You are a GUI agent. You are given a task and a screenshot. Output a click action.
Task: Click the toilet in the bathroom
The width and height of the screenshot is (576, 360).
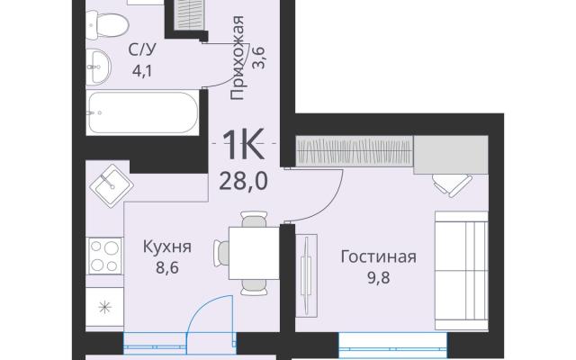[107, 24]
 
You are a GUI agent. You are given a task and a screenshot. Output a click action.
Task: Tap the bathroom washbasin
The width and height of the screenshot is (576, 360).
[98, 67]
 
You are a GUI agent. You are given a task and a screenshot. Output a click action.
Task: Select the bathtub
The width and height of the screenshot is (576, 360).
[143, 112]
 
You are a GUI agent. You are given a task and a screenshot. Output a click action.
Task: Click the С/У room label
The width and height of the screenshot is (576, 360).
[142, 49]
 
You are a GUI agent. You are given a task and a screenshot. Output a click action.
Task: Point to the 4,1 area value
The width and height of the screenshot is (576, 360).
[142, 70]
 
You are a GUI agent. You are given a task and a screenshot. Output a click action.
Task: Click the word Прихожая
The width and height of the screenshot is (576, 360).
[238, 58]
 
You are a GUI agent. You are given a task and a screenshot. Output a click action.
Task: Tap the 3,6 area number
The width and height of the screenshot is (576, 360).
[259, 58]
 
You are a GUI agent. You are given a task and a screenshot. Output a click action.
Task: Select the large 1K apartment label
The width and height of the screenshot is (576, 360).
[244, 144]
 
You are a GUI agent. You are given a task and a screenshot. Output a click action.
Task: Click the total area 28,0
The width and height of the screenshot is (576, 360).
[243, 182]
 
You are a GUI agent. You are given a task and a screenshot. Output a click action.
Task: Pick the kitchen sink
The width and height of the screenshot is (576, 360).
[112, 186]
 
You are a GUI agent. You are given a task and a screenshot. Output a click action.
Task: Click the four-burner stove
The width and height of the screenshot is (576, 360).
[104, 256]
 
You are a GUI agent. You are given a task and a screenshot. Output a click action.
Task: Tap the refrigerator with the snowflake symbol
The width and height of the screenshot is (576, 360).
[104, 307]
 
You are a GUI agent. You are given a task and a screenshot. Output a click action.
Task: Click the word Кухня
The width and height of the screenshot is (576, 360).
[167, 247]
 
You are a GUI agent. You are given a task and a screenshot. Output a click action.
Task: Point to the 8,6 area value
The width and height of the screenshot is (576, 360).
[167, 268]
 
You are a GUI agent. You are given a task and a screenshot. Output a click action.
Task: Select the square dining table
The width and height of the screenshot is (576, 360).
[254, 253]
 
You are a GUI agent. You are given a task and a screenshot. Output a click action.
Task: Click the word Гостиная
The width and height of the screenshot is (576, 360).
[379, 256]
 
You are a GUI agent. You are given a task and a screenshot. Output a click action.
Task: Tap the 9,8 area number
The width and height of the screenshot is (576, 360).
[379, 278]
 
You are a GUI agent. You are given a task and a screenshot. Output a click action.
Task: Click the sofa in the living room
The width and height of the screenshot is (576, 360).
[462, 270]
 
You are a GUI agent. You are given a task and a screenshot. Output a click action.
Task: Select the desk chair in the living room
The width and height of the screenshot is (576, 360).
[452, 184]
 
